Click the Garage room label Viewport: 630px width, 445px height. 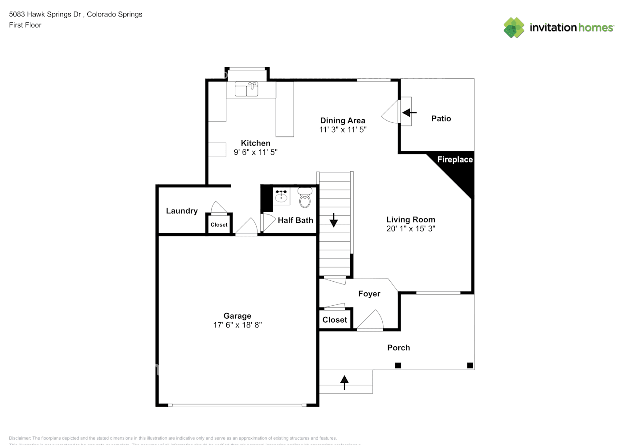point(237,316)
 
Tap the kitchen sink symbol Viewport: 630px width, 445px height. point(247,89)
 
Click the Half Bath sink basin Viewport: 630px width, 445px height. point(281,196)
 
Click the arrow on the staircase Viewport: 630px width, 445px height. point(334,220)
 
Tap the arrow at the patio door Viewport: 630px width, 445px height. point(409,113)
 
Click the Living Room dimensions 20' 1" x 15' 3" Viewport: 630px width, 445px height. point(410,229)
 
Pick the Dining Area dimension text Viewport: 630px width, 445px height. point(343,130)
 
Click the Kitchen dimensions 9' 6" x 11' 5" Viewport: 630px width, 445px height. point(255,152)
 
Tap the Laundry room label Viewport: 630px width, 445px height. point(181,211)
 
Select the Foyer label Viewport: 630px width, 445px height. point(369,294)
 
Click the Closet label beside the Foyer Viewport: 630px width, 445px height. point(335,320)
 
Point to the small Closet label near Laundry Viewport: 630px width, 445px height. point(219,225)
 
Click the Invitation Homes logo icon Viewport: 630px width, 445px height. point(514,28)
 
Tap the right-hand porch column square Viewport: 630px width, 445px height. point(470,365)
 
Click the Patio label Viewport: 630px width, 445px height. point(441,118)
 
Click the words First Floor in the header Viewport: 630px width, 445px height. point(25,25)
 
